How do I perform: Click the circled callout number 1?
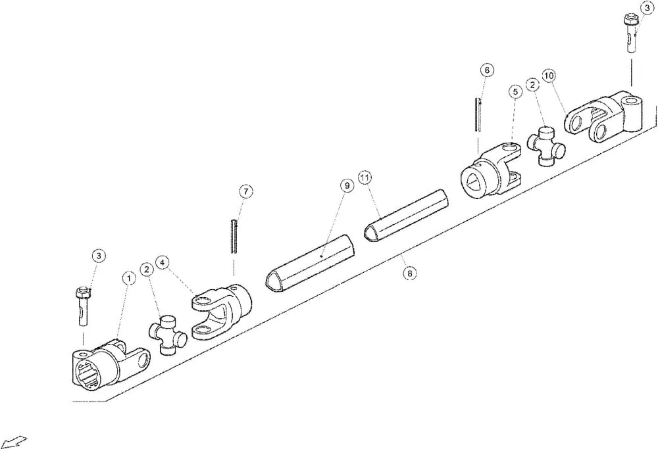click(129, 278)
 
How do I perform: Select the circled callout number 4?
click(163, 262)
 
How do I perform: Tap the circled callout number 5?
click(515, 91)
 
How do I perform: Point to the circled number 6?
click(487, 70)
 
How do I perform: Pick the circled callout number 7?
click(246, 191)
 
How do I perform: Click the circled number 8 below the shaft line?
click(409, 273)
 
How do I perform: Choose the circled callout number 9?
click(347, 185)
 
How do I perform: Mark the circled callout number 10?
click(549, 76)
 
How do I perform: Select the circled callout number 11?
click(365, 177)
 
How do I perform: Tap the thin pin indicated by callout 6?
click(478, 115)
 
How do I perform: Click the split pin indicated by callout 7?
click(234, 236)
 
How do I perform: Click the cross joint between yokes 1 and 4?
click(167, 333)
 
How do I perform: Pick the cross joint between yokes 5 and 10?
click(546, 144)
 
